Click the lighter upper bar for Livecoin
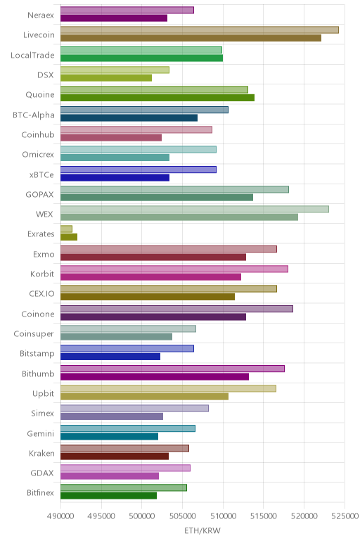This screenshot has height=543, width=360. [200, 30]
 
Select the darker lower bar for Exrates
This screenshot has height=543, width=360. [69, 237]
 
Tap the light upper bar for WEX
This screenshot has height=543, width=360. [195, 209]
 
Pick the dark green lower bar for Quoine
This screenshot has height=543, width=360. [157, 98]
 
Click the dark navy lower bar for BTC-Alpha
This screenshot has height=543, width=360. [129, 117]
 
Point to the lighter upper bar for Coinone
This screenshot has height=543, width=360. [176, 309]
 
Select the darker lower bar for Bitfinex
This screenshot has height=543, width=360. [109, 496]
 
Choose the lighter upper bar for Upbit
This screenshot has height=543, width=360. [168, 388]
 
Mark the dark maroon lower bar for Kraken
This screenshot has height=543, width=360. [115, 456]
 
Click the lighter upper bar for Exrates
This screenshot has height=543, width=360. [67, 229]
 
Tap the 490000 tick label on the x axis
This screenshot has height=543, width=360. [60, 516]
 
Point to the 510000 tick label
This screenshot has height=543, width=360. [223, 516]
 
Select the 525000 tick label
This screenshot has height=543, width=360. [345, 516]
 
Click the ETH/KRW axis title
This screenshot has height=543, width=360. [202, 530]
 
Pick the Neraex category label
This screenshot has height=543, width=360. [41, 15]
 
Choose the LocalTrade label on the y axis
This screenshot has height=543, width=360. [32, 56]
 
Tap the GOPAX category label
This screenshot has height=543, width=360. [40, 195]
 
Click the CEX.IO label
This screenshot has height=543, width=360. [42, 294]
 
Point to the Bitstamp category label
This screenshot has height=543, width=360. [37, 354]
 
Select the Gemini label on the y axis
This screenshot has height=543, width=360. [41, 433]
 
